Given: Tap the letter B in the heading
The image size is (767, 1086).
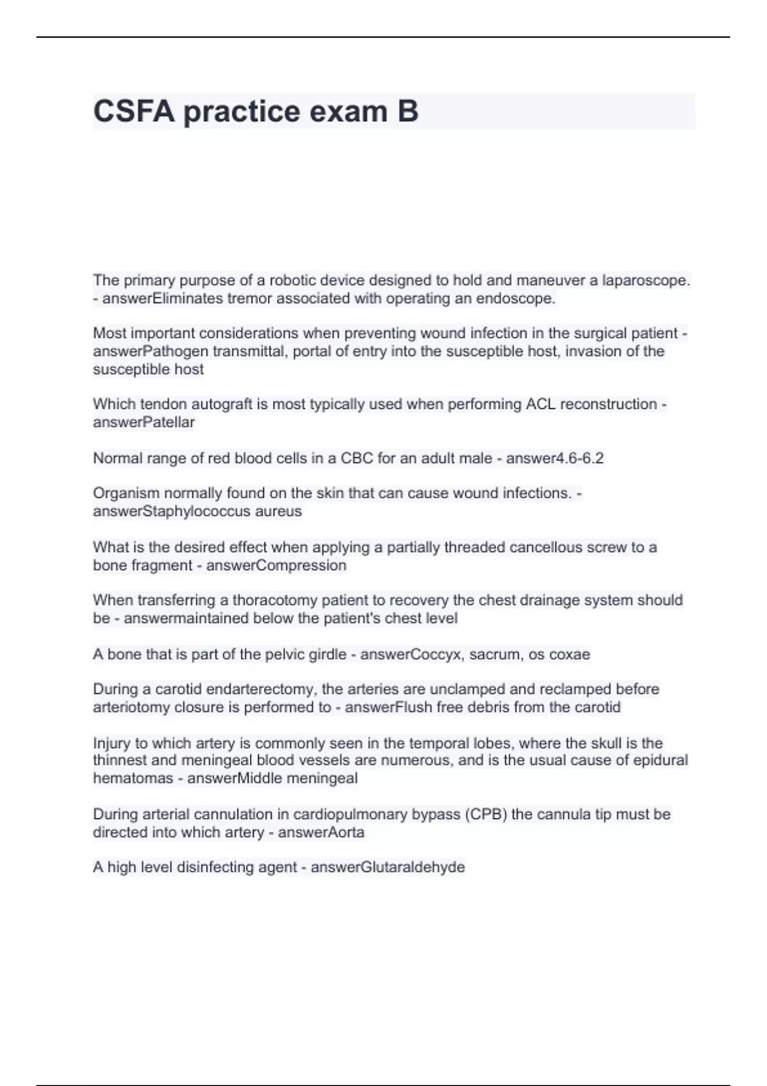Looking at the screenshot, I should tap(407, 111).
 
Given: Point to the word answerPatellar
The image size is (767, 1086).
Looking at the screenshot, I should tap(144, 422).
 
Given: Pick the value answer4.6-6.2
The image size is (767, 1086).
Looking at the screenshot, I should tap(555, 458).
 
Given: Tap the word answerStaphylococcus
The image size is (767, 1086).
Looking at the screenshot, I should tap(172, 511).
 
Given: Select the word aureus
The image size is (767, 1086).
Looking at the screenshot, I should tap(278, 511).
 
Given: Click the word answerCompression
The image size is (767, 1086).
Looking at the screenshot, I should tap(276, 565).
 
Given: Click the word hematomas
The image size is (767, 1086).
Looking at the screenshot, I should tap(133, 778).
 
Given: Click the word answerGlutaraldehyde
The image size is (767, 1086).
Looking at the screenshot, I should tap(387, 868).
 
